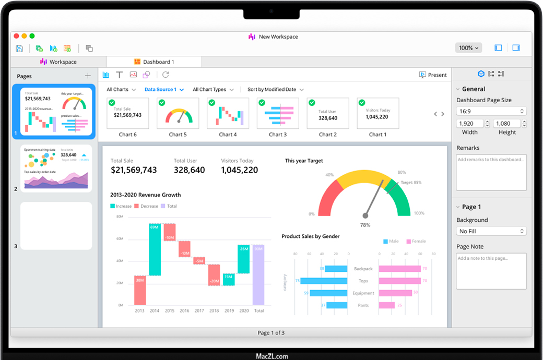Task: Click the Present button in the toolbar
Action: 433,75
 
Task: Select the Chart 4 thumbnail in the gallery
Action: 228,113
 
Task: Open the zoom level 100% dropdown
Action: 468,48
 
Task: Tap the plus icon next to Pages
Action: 88,76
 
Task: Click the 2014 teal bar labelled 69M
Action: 155,249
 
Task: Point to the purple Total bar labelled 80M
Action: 258,275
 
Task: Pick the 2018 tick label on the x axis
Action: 214,310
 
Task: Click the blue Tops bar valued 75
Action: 324,281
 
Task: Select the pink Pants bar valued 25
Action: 386,305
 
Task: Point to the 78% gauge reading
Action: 365,225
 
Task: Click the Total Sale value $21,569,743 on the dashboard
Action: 134,170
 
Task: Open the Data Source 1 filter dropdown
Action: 164,90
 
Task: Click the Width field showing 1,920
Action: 470,124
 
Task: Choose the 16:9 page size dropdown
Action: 491,111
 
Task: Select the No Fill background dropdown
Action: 491,231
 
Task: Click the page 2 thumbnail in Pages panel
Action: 56,169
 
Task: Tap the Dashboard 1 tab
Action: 154,62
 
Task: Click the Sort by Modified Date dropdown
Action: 275,90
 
